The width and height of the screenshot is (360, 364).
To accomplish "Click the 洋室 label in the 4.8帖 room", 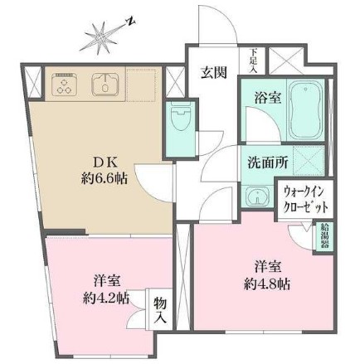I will (x=265, y=267).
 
